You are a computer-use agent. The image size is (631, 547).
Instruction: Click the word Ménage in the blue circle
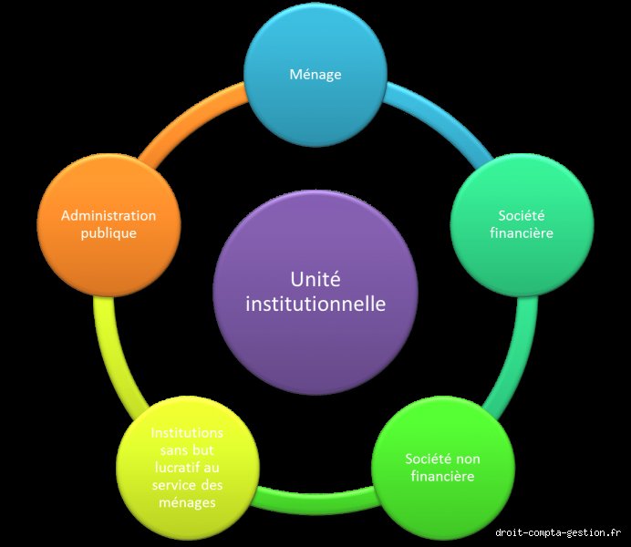click(315, 75)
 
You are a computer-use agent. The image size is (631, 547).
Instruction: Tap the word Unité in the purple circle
click(315, 279)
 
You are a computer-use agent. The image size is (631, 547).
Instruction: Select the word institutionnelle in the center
click(315, 304)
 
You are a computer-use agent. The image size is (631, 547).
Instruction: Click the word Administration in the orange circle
click(109, 215)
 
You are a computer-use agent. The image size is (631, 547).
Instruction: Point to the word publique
click(109, 233)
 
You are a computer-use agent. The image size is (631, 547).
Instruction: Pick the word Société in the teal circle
click(522, 215)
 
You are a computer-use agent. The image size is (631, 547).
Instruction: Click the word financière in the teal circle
click(522, 233)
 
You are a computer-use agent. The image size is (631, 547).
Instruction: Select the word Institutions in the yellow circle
click(187, 433)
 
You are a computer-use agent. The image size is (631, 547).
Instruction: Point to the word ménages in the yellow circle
click(187, 502)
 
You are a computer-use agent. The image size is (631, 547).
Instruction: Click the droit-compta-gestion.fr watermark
click(558, 532)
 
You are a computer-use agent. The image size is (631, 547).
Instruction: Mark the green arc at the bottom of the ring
click(315, 501)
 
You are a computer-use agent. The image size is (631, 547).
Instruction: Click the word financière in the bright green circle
click(442, 477)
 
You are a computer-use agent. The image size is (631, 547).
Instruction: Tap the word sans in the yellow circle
click(173, 450)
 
